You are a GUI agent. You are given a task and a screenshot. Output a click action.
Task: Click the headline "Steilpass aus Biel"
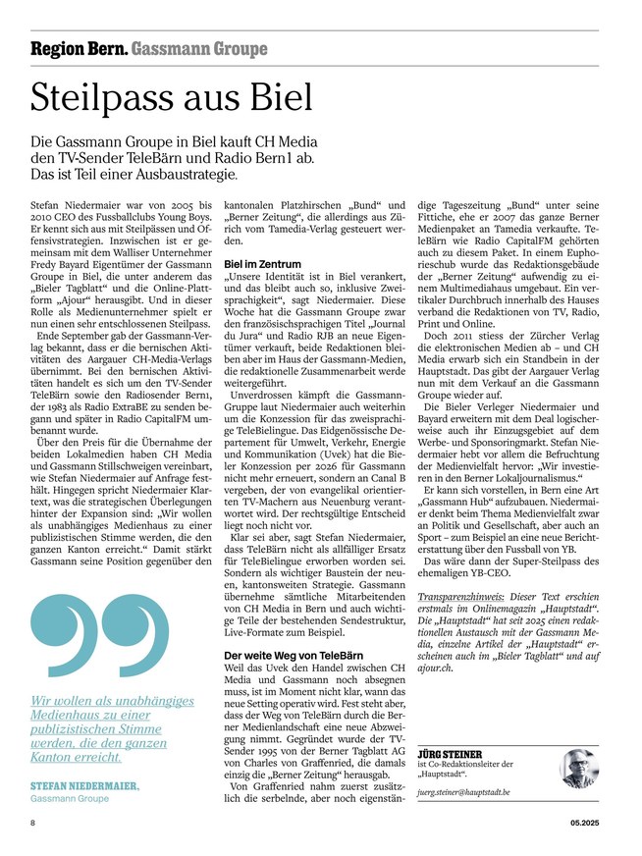tap(172, 97)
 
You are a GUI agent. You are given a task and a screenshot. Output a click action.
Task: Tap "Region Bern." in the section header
tap(78, 48)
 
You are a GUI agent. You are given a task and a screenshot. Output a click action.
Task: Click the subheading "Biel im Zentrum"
tap(262, 265)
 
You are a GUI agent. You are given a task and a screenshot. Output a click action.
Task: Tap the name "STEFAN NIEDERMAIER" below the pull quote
tap(84, 787)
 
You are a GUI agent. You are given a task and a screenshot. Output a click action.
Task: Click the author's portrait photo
tap(579, 769)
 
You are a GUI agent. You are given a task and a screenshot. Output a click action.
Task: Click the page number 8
tap(33, 824)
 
